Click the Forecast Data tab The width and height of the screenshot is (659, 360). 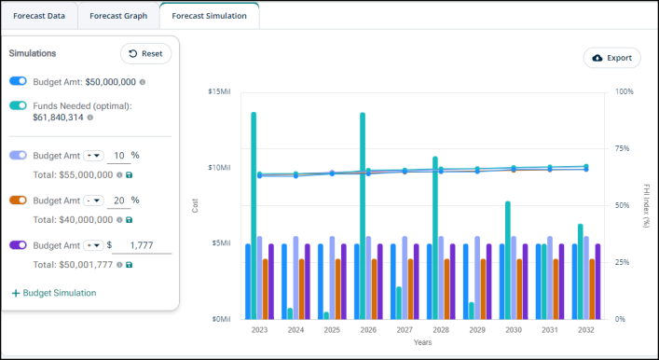(x=39, y=16)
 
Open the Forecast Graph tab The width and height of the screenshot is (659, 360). (x=118, y=16)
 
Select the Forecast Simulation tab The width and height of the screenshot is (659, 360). (x=210, y=16)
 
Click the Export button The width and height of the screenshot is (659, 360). (x=611, y=58)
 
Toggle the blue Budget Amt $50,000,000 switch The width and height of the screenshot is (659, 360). (x=18, y=81)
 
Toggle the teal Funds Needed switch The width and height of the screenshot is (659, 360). (x=18, y=105)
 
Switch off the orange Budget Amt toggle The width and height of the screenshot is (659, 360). (x=18, y=201)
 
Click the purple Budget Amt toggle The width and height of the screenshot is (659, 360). (x=18, y=244)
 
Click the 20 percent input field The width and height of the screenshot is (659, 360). (x=119, y=201)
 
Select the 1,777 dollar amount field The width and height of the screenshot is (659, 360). (x=142, y=245)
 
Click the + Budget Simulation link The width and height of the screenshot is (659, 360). (x=54, y=293)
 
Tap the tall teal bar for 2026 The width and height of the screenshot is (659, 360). (x=363, y=215)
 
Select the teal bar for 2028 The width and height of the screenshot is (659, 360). (x=435, y=238)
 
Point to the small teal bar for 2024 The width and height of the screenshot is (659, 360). (x=290, y=313)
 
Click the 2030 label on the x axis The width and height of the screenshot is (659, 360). (x=514, y=330)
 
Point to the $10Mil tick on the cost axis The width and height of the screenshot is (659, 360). (x=219, y=167)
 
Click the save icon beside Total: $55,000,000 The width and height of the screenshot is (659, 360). (x=129, y=175)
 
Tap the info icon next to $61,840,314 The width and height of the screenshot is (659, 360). (x=89, y=118)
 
